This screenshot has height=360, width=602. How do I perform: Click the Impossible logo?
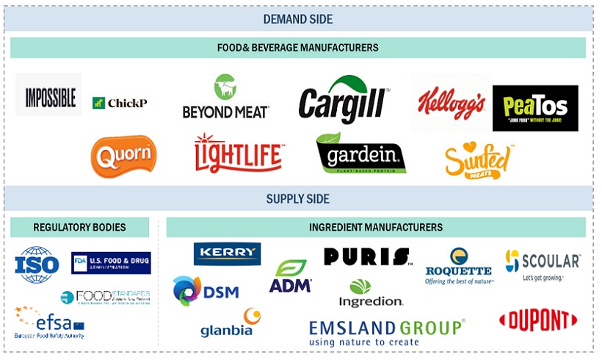(x=48, y=96)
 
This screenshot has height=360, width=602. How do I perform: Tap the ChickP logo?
(x=120, y=103)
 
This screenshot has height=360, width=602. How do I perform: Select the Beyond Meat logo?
(x=225, y=97)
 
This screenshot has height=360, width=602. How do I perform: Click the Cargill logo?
(x=344, y=99)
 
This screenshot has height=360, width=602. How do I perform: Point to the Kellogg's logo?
(x=451, y=102)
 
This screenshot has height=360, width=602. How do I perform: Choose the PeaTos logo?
(x=535, y=107)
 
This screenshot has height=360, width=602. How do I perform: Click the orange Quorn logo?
(x=123, y=156)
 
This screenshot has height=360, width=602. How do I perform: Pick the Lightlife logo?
(x=239, y=153)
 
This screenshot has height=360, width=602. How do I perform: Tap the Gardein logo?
(x=360, y=154)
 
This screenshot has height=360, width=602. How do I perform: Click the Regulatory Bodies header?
(x=79, y=227)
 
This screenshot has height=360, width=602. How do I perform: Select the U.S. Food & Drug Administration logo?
(x=111, y=263)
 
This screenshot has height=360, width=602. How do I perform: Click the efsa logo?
(x=48, y=323)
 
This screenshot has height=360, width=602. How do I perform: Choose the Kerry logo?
(x=227, y=253)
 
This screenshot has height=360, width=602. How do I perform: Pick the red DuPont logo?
(x=537, y=320)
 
